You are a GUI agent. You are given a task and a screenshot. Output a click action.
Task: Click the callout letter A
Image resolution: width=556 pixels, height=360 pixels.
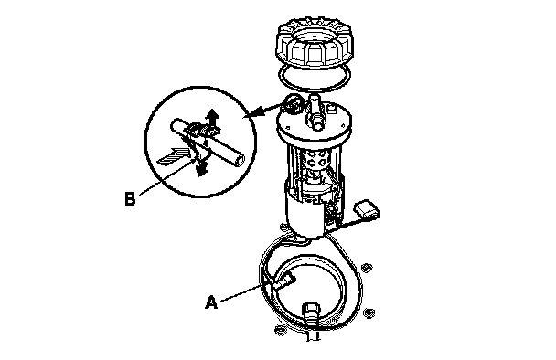pos(211,302)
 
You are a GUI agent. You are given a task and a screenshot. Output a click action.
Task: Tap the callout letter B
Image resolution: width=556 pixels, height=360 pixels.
pos(130,199)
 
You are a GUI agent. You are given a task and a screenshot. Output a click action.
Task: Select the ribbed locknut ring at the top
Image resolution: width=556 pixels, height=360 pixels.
pos(315,43)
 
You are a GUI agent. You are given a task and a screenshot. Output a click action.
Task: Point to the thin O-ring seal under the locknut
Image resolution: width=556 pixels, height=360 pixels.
pos(315,78)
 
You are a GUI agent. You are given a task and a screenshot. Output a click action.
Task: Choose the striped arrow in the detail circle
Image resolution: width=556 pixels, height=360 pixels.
pos(174,156)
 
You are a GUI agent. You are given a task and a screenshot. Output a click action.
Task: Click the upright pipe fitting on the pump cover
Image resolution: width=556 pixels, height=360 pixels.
pos(315,111)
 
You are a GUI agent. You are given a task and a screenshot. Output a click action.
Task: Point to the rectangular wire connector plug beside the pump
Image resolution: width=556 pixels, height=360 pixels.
pos(367,210)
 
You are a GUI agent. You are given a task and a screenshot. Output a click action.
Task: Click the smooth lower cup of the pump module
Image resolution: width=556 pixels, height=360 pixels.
pos(305,217)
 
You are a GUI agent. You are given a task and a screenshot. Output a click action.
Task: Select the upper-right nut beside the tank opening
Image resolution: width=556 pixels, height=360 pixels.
pos(366,268)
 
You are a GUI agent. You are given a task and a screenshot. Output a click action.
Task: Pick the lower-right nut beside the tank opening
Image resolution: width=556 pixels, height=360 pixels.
pos(369,313)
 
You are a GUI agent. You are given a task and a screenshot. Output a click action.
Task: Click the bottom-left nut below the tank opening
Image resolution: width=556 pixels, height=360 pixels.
pos(280,330)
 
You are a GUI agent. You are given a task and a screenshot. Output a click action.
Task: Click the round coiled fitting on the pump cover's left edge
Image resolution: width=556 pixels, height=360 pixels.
pos(294,104)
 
